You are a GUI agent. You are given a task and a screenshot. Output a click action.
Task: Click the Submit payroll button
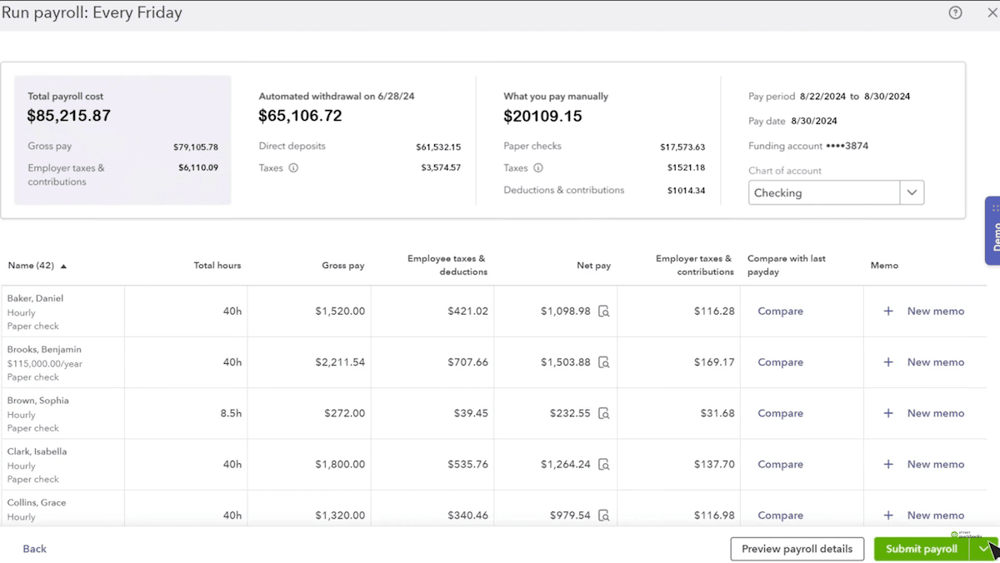point(921,549)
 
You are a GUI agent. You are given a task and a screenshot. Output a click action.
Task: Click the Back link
point(35,549)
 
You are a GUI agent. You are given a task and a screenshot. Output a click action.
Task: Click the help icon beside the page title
point(955,12)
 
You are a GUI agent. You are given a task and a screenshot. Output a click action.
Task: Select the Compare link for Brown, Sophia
point(780,413)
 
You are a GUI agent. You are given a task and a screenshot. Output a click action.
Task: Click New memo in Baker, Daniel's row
point(935,311)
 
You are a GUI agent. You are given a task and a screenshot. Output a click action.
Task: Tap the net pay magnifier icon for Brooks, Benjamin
point(604,363)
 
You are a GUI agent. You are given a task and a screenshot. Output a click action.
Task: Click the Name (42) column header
point(32,266)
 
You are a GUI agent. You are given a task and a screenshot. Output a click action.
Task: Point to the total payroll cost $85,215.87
point(69,116)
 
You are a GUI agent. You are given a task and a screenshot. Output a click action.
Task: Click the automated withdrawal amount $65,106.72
point(300,116)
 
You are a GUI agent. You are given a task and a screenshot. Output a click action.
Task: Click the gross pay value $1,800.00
point(339,465)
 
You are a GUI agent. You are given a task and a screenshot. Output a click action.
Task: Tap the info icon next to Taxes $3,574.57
point(293,167)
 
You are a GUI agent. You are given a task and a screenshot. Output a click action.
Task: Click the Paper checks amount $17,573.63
point(682,147)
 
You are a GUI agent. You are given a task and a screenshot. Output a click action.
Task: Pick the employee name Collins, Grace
point(37,503)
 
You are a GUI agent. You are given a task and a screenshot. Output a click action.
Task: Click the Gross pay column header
point(342,266)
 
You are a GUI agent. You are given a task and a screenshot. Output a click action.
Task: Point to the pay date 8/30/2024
point(813,121)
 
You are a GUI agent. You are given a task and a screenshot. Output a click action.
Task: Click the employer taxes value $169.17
point(714,362)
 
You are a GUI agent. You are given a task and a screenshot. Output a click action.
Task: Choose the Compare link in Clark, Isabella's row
point(780,465)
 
